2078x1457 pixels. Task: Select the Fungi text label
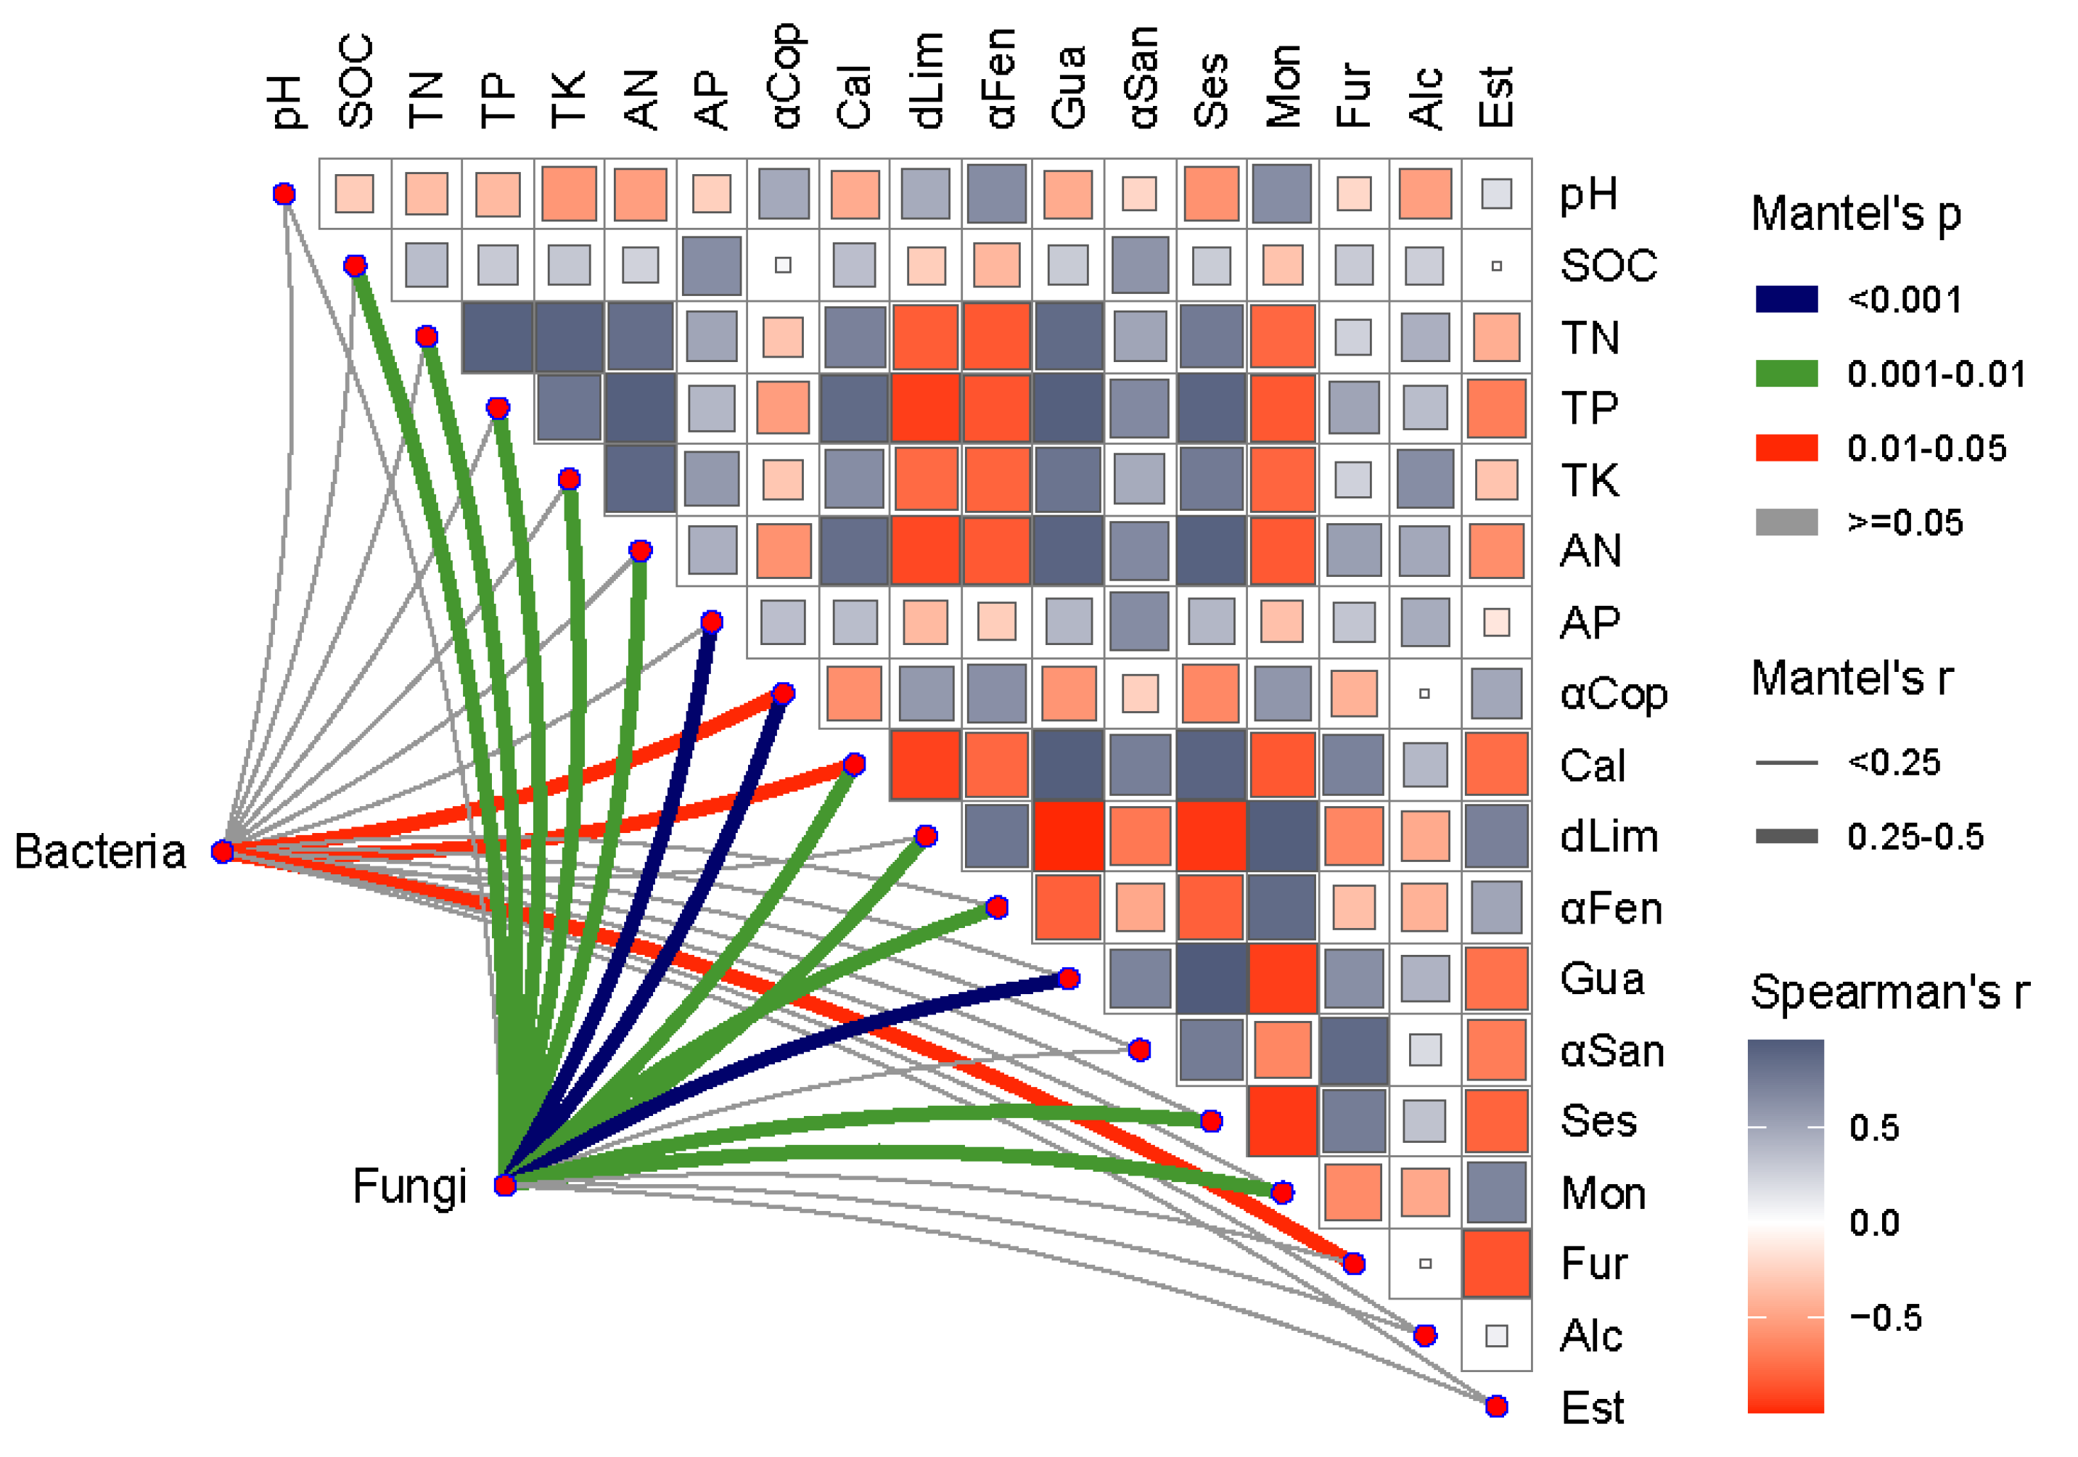409,1186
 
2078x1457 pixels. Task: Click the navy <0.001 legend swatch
1786,299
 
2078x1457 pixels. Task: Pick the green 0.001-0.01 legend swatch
1786,373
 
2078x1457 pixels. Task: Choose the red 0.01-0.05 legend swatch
1786,447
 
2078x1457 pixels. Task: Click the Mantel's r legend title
1852,678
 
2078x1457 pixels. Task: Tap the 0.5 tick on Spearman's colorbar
1873,1128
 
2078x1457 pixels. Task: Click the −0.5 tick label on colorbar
1885,1317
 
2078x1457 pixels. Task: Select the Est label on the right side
1593,1407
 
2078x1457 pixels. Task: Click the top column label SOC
356,81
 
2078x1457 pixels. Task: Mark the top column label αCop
784,77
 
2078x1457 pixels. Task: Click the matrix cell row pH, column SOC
355,194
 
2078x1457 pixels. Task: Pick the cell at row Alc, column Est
1496,1335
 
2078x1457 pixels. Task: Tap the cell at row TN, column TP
498,337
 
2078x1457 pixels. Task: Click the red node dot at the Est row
1496,1406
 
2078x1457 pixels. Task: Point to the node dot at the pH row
284,194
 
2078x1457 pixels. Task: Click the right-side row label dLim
1609,836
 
